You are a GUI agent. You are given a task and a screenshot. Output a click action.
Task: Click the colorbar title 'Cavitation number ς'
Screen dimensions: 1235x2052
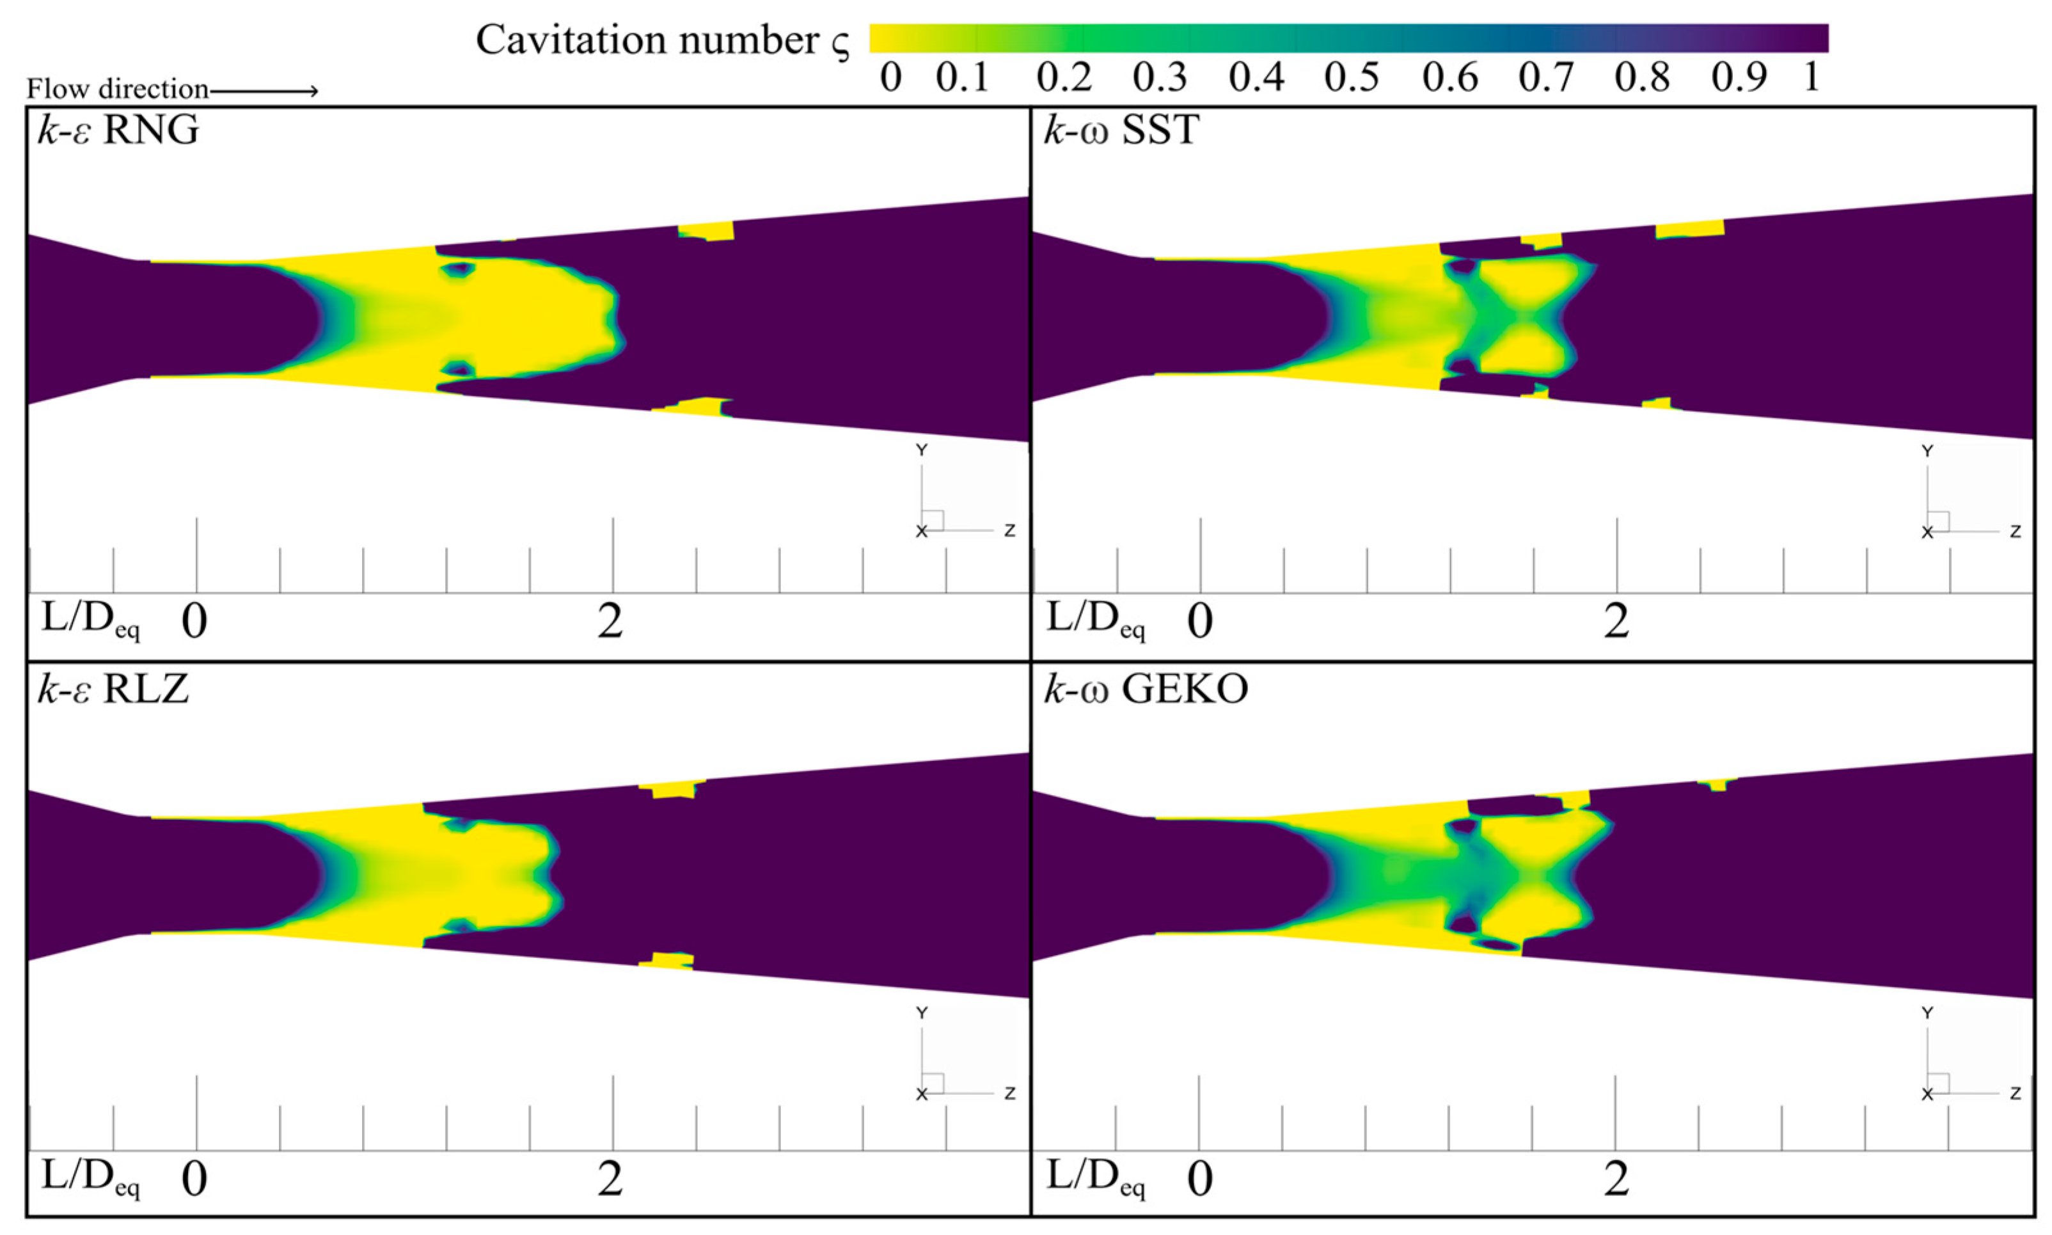(x=663, y=40)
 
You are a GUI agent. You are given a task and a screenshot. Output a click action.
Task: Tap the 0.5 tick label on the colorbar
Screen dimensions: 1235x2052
(x=1352, y=77)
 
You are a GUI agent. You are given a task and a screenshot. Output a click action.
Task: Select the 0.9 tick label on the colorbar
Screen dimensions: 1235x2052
(x=1739, y=77)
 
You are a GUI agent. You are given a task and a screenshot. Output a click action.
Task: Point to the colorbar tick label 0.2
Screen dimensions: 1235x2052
(x=1064, y=77)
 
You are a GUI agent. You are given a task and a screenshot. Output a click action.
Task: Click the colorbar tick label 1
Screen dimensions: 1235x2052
(x=1811, y=77)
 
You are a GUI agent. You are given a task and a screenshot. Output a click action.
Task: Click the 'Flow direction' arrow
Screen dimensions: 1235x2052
(x=264, y=90)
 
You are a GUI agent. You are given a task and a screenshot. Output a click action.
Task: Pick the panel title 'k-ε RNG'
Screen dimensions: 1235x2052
(x=118, y=130)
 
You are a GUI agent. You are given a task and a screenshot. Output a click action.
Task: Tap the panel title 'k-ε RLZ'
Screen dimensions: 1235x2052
(x=113, y=689)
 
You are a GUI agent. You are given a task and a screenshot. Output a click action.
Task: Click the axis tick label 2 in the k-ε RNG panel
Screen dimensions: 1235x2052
(x=610, y=622)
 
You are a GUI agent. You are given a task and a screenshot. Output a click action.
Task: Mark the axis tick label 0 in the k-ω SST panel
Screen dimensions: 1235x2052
(x=1199, y=622)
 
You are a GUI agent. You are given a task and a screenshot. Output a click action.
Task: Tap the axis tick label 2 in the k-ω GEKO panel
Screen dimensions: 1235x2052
(x=1615, y=1179)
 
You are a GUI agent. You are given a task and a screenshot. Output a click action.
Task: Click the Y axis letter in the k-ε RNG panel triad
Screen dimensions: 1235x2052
(x=921, y=450)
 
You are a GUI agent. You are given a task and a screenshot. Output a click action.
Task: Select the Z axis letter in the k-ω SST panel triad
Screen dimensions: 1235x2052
(x=2014, y=531)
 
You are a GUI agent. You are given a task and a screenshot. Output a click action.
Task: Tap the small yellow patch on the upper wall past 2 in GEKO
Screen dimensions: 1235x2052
(x=1717, y=783)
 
